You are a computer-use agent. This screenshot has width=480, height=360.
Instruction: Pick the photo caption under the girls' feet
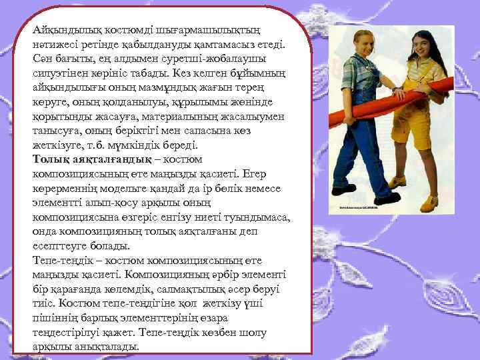[x=361, y=208]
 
